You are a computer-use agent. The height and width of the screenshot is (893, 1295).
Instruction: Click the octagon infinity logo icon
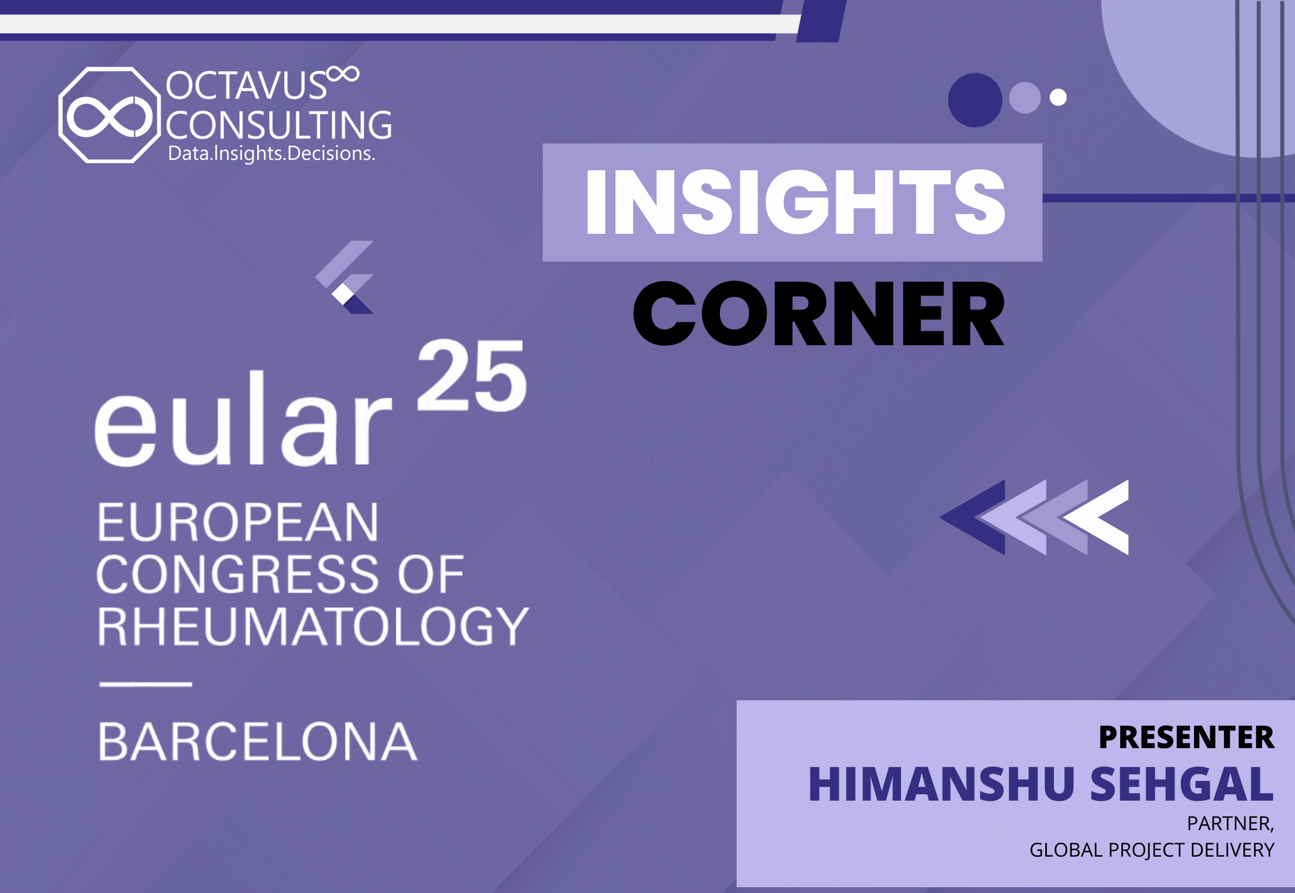[109, 115]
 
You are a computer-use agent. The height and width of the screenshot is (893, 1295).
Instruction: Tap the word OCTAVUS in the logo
[246, 85]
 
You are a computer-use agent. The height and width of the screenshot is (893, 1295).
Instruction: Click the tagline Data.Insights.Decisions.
[272, 154]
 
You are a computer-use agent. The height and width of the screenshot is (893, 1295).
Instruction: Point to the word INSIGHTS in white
[795, 202]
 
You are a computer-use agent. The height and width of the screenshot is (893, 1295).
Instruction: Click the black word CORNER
[819, 313]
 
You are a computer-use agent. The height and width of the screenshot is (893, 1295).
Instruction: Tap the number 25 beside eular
[472, 375]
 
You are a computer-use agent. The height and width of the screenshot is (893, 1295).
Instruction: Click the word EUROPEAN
[238, 522]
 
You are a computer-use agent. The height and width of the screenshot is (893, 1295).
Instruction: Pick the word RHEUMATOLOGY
[313, 626]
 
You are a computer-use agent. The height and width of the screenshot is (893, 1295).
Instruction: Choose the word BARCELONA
[257, 742]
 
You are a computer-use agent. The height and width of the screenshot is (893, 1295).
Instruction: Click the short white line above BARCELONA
[145, 685]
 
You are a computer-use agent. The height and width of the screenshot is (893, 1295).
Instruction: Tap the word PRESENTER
[1186, 737]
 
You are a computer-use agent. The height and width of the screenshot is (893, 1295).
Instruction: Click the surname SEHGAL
[1181, 784]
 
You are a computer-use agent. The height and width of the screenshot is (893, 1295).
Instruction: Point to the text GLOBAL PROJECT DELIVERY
[1152, 850]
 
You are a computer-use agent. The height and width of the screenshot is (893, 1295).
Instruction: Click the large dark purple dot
[975, 100]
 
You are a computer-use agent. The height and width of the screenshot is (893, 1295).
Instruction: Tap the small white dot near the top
[1058, 97]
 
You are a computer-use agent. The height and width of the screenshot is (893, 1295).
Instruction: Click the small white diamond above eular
[343, 294]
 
